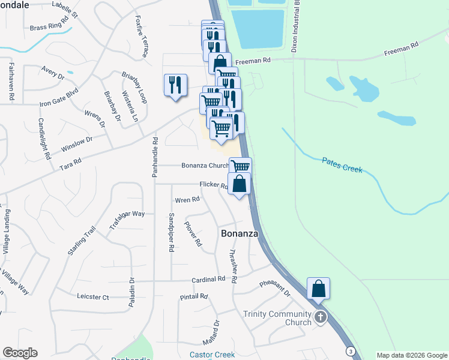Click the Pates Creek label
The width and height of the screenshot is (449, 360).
point(342,165)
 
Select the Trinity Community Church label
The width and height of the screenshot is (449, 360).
point(277,318)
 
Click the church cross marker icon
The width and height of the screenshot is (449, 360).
point(321,317)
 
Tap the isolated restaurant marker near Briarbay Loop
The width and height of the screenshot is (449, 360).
point(175,85)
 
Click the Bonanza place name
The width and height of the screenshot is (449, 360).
point(240,233)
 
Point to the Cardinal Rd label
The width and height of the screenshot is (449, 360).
point(208,280)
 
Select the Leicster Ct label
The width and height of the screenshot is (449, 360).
point(93,296)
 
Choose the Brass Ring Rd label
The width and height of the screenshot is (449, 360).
point(49,27)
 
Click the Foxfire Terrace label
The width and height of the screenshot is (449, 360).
point(142,37)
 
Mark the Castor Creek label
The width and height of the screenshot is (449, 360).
point(212,355)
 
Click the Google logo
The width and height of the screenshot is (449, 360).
point(20,353)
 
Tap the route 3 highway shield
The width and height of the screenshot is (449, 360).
point(349,350)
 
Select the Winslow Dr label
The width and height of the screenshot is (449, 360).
point(76,145)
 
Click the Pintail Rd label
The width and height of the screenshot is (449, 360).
point(193,296)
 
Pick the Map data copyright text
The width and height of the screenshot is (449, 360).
point(411,355)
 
